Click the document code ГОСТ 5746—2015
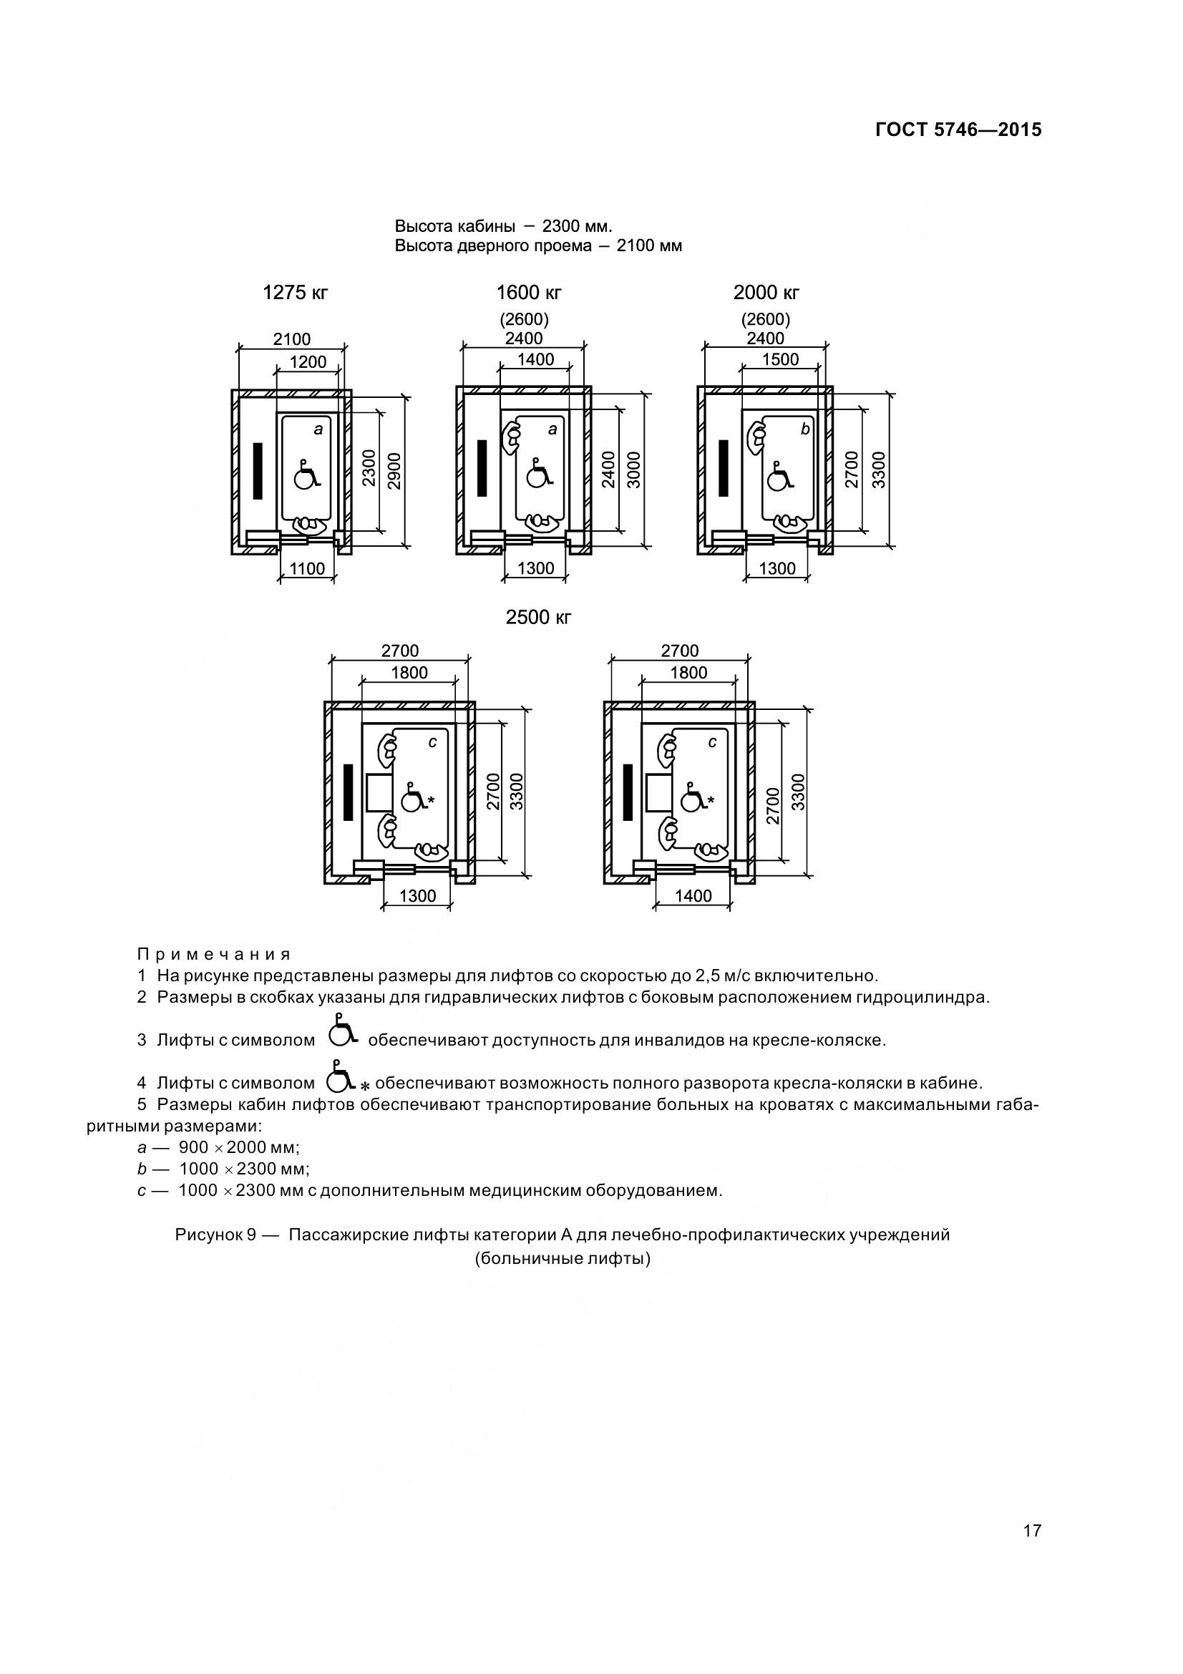coord(958,130)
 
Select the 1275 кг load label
coord(295,293)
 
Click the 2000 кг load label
coord(766,293)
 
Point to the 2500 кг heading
coord(539,618)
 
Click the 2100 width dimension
coord(291,339)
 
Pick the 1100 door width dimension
coord(308,569)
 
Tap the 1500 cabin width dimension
coord(780,359)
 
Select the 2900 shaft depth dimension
coord(394,470)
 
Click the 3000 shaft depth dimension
coord(633,470)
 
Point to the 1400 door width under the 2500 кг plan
coord(693,896)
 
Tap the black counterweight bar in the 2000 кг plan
coord(723,468)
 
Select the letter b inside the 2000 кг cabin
coord(804,429)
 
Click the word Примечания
coord(214,955)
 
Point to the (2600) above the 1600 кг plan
coord(524,319)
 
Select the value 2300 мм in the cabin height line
coord(578,225)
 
